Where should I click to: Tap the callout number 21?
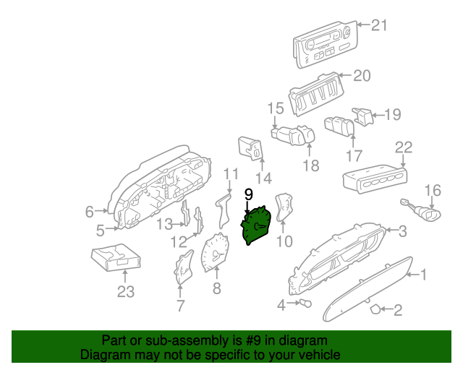380,26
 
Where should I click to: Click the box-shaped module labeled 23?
116,257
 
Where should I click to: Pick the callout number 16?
432,190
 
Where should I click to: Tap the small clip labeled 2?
375,309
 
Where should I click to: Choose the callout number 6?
89,212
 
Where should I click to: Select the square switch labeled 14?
250,147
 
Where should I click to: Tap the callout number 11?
230,173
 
